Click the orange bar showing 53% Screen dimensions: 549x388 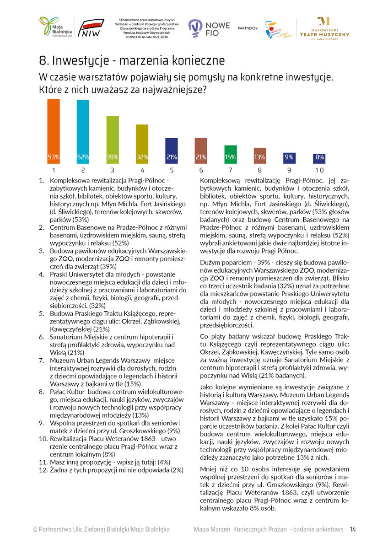54,131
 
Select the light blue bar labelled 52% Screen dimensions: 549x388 83,132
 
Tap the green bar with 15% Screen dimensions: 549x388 231,154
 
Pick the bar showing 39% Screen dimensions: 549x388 113,140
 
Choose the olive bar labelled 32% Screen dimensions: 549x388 142,144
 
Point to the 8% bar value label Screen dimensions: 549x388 319,157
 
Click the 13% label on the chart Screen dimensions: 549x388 260,157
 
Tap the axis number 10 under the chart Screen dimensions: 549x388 319,170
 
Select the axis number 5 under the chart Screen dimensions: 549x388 171,170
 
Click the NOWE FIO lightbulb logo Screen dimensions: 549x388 196,28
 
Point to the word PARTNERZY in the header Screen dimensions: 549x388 248,28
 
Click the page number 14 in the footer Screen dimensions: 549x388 353,529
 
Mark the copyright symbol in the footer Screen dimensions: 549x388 35,529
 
